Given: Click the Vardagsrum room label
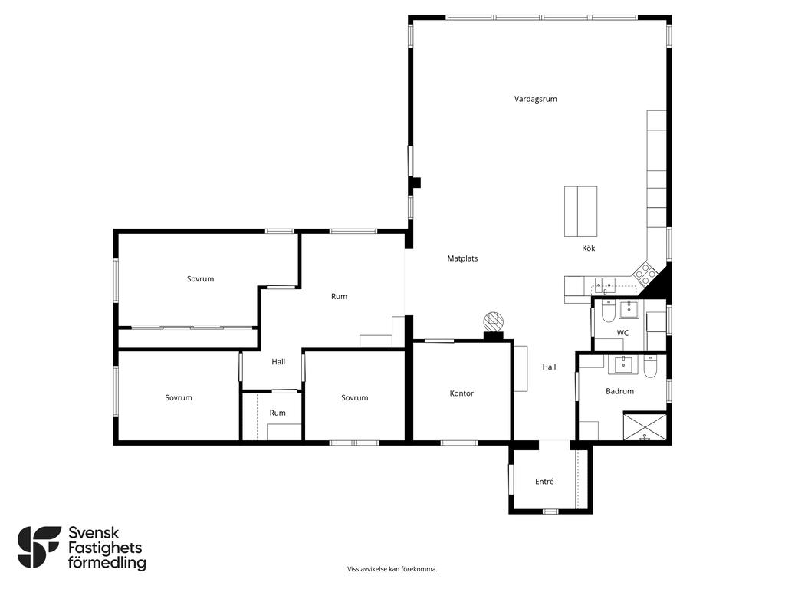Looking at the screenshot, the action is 535,99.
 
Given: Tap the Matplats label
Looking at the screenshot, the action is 462,258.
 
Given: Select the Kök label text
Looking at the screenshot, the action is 588,248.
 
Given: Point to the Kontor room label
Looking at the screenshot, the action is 461,393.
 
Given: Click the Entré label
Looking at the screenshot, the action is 544,482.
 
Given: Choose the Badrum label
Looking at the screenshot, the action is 619,391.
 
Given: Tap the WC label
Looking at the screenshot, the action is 622,333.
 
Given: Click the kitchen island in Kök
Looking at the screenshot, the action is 581,212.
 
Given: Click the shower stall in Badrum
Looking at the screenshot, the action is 645,426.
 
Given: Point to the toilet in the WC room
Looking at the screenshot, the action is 608,311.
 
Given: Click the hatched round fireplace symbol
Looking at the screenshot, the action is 493,321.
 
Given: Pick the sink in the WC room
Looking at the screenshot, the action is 629,309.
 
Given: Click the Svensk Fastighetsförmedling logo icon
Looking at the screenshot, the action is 39,547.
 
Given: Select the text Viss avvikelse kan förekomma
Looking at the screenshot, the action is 392,569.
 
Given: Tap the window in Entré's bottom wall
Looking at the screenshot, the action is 550,512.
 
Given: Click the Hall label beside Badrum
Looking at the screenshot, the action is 549,367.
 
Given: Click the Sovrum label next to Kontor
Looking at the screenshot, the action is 354,398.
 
